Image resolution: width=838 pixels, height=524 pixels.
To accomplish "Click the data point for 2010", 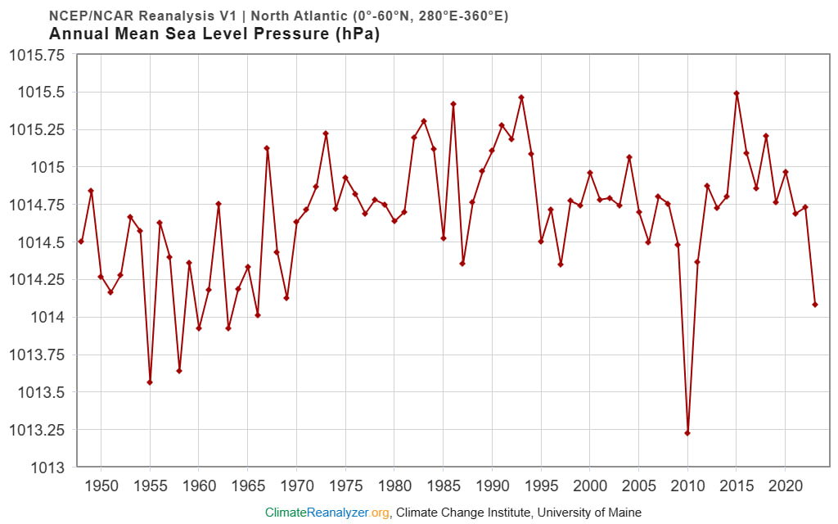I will [687, 433].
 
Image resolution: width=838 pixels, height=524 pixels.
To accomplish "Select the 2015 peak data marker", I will [737, 93].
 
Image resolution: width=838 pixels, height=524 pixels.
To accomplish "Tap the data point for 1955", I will [150, 382].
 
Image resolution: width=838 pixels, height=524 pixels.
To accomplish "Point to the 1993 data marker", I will [521, 97].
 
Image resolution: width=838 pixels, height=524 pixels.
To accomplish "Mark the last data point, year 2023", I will [815, 305].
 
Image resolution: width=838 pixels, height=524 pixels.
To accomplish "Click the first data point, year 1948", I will [81, 242].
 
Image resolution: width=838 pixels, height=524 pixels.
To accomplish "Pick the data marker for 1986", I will [453, 104].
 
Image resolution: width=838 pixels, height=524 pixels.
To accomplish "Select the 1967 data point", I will [267, 148].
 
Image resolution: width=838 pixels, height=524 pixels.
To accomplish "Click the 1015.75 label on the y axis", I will [36, 55].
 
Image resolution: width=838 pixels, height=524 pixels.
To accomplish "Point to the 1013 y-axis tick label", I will [47, 468].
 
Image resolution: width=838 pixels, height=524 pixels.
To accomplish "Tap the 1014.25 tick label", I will [36, 280].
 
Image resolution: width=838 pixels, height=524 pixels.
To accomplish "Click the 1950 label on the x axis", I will [101, 485].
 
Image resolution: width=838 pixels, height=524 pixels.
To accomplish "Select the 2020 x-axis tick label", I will [786, 485].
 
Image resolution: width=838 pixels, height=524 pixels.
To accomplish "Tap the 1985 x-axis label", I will [444, 485].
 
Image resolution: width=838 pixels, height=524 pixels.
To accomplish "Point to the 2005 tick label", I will [639, 485].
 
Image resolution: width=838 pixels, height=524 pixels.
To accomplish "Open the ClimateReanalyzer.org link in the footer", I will [327, 513].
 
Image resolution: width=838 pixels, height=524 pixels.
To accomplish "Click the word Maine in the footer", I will [623, 513].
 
